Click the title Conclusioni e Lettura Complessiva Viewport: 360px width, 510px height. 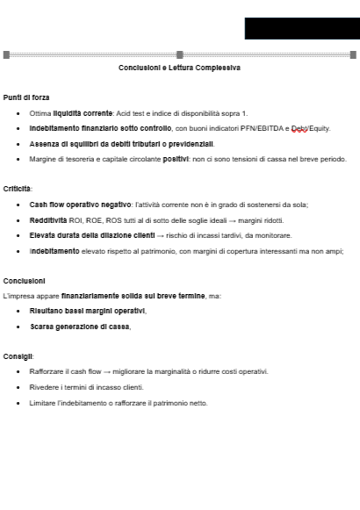click(179, 68)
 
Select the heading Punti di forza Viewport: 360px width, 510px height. click(25, 97)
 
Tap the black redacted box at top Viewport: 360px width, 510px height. click(301, 28)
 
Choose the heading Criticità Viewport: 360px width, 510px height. click(18, 189)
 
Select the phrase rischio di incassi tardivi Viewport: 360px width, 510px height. click(211, 235)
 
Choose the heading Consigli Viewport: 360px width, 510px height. click(18, 356)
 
